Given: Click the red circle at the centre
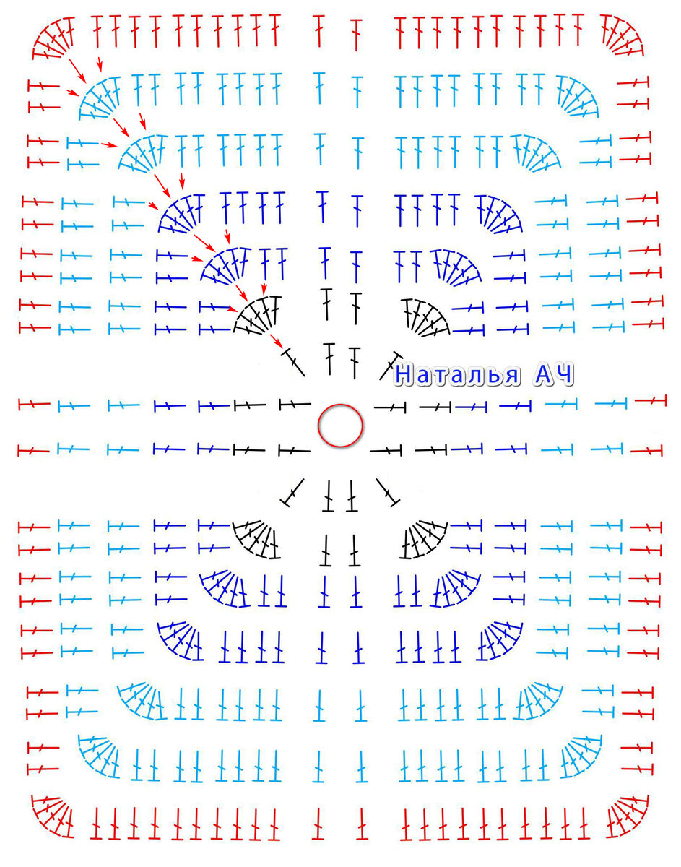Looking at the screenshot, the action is (341, 426).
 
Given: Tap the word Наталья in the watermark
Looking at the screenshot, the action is (458, 375).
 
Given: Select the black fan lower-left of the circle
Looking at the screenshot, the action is (256, 539).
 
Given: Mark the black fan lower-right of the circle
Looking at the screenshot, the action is (426, 539).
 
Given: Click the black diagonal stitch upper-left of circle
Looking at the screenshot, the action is (294, 362).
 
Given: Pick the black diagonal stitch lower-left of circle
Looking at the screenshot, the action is (293, 492).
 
